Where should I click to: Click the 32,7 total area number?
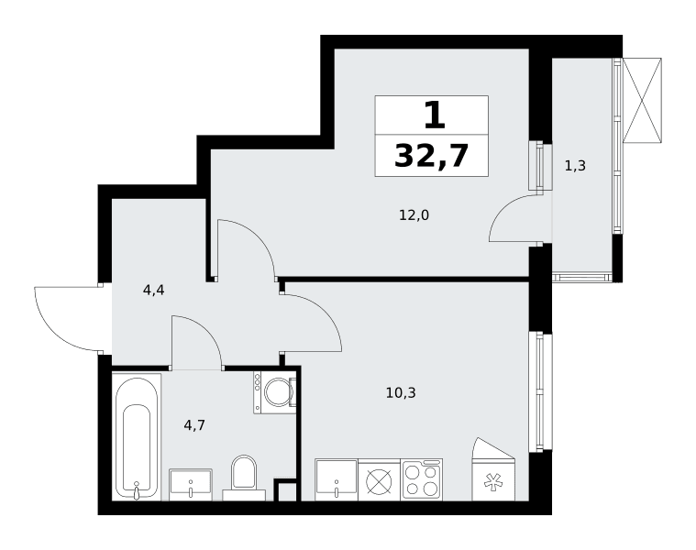pyautogui.click(x=432, y=156)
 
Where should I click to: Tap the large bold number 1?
pyautogui.click(x=434, y=115)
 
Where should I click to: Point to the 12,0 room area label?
pyautogui.click(x=414, y=215)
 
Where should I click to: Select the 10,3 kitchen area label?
pyautogui.click(x=401, y=392)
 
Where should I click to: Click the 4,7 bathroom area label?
pyautogui.click(x=194, y=426)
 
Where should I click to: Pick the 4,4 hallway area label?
pyautogui.click(x=153, y=291)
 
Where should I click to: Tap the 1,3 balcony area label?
pyautogui.click(x=575, y=166)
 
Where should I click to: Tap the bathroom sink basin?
pyautogui.click(x=191, y=484)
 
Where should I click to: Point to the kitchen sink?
pyautogui.click(x=336, y=480)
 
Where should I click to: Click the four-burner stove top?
pyautogui.click(x=422, y=480)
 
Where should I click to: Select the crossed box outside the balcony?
pyautogui.click(x=642, y=100)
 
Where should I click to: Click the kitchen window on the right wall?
pyautogui.click(x=540, y=392)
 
